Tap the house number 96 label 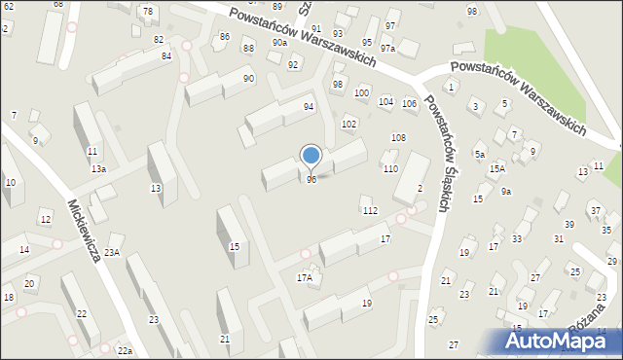point(311,180)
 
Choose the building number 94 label point(309,107)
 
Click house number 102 point(348,125)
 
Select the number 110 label point(390,169)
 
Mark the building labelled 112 point(369,211)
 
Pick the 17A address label point(304,278)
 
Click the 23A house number point(112,253)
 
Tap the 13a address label point(98,168)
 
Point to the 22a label point(125,350)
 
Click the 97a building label point(387,48)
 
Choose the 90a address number point(280,43)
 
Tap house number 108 point(398,138)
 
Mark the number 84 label point(166,55)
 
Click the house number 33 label point(517,239)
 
